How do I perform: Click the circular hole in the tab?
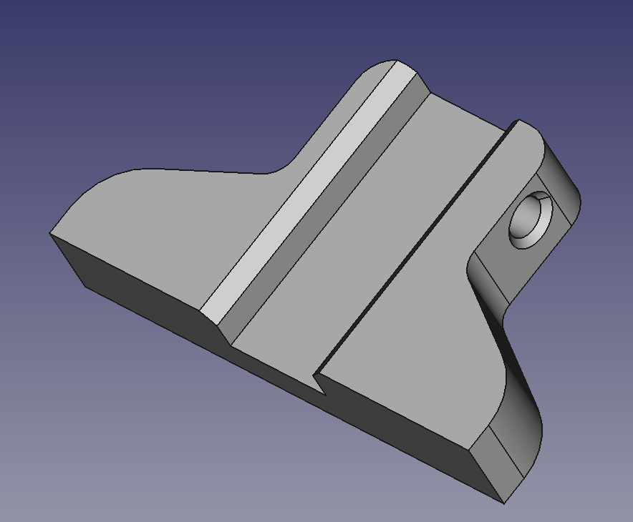[530, 220]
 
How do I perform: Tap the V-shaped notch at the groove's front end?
[321, 383]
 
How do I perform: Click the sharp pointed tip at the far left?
[52, 233]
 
